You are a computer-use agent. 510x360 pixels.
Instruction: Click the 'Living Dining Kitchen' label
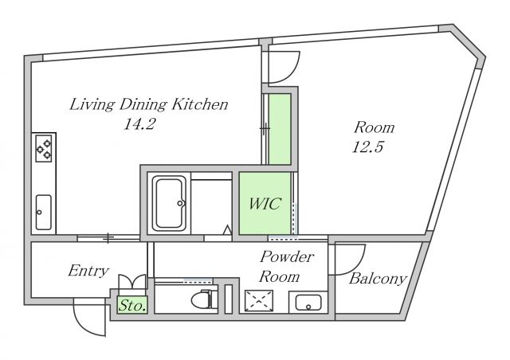pyautogui.click(x=149, y=104)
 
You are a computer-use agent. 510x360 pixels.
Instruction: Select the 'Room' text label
pyautogui.click(x=374, y=127)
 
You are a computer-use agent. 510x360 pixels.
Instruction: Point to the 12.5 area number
pyautogui.click(x=369, y=147)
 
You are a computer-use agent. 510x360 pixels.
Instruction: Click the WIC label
pyautogui.click(x=265, y=204)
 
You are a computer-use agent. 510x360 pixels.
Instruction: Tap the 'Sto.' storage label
pyautogui.click(x=132, y=304)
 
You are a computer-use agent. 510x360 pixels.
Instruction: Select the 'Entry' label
pyautogui.click(x=88, y=271)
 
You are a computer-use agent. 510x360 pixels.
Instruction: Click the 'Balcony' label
pyautogui.click(x=378, y=279)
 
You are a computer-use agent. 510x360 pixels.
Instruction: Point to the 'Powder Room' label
pyautogui.click(x=287, y=267)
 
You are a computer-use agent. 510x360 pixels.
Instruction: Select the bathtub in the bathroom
pyautogui.click(x=170, y=204)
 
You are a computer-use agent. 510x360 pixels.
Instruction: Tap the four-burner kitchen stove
pyautogui.click(x=43, y=149)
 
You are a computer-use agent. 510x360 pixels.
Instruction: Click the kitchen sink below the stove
pyautogui.click(x=44, y=211)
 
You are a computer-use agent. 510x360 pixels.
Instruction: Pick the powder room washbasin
pyautogui.click(x=308, y=302)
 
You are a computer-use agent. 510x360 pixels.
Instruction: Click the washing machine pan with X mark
pyautogui.click(x=259, y=301)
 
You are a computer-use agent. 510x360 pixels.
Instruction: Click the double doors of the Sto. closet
pyautogui.click(x=132, y=284)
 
